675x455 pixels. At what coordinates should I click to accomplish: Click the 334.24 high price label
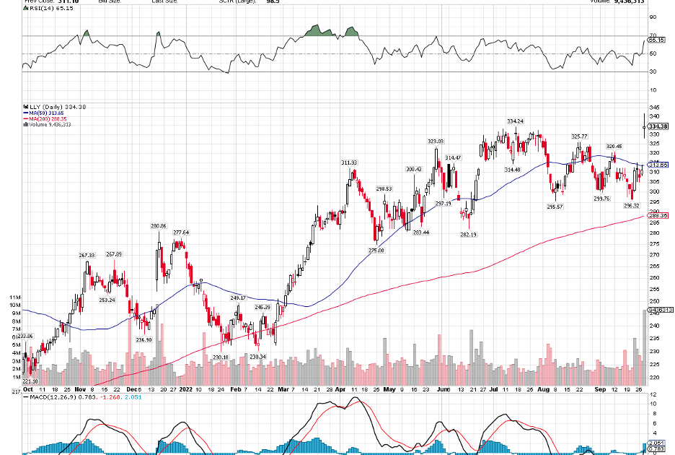coord(514,121)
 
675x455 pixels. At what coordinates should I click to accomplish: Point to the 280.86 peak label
coord(159,226)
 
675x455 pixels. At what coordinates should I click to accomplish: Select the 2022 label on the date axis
coord(186,389)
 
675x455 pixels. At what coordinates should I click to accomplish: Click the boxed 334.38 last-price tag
coord(658,126)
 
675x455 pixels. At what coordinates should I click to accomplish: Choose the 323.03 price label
coord(436,141)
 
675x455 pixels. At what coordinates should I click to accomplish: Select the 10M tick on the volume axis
coord(14,305)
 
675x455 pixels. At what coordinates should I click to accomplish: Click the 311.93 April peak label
coord(350,162)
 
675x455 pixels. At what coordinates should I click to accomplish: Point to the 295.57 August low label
coord(555,207)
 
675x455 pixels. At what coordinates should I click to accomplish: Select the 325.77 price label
coord(579,136)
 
